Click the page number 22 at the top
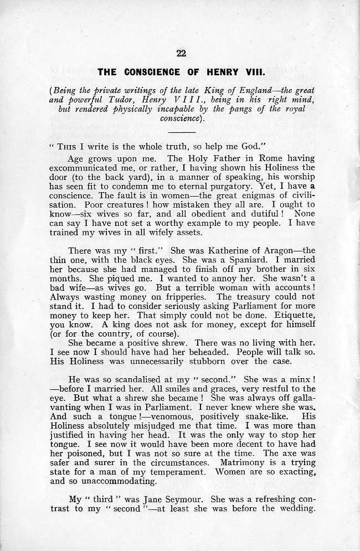tap(180, 54)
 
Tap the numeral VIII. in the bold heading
tap(251, 72)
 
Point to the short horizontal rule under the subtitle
tap(181, 133)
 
